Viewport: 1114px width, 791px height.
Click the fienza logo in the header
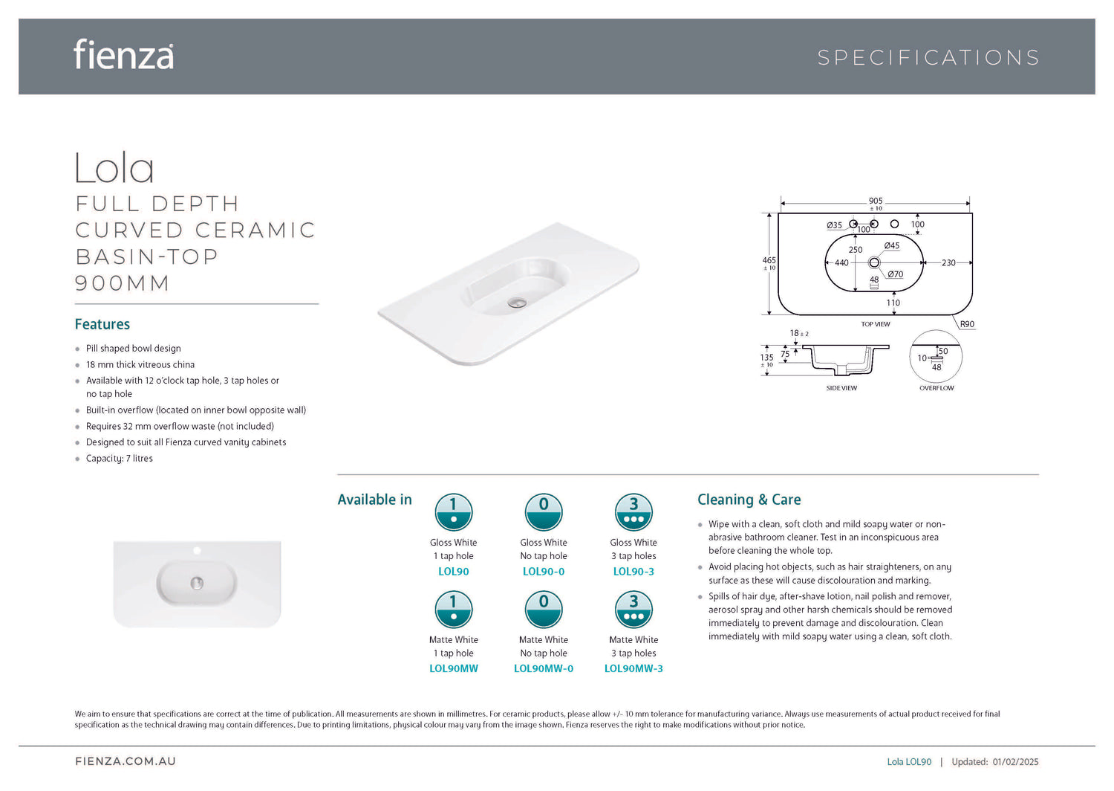(x=124, y=54)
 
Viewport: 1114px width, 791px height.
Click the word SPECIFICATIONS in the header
(x=928, y=58)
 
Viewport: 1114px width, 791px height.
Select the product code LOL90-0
(x=544, y=572)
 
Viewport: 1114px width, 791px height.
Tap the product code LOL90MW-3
(x=633, y=668)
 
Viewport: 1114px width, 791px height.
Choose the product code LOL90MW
(x=454, y=668)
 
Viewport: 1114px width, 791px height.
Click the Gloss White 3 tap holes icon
(x=633, y=512)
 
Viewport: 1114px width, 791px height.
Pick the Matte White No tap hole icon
(x=544, y=610)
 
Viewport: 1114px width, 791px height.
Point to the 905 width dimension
(x=876, y=201)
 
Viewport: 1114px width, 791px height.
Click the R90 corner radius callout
(x=967, y=324)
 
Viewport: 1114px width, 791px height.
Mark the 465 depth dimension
(x=769, y=260)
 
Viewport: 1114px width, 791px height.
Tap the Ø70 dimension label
(x=895, y=274)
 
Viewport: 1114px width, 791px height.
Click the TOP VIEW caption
(x=876, y=324)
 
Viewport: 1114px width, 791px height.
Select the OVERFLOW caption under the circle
(x=937, y=388)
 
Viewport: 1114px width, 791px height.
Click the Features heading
(x=102, y=324)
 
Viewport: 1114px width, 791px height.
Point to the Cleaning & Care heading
(x=749, y=500)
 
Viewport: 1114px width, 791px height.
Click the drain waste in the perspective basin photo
(x=517, y=303)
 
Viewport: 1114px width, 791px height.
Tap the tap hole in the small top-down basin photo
(x=197, y=550)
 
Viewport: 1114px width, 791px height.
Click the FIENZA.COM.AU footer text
(x=126, y=761)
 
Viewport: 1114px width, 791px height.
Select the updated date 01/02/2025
(x=1015, y=761)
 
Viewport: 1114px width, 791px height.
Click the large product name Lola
(x=114, y=168)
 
